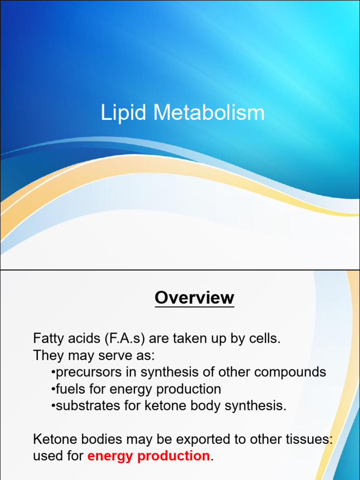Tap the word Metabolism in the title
[x=209, y=113]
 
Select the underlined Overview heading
[x=194, y=298]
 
